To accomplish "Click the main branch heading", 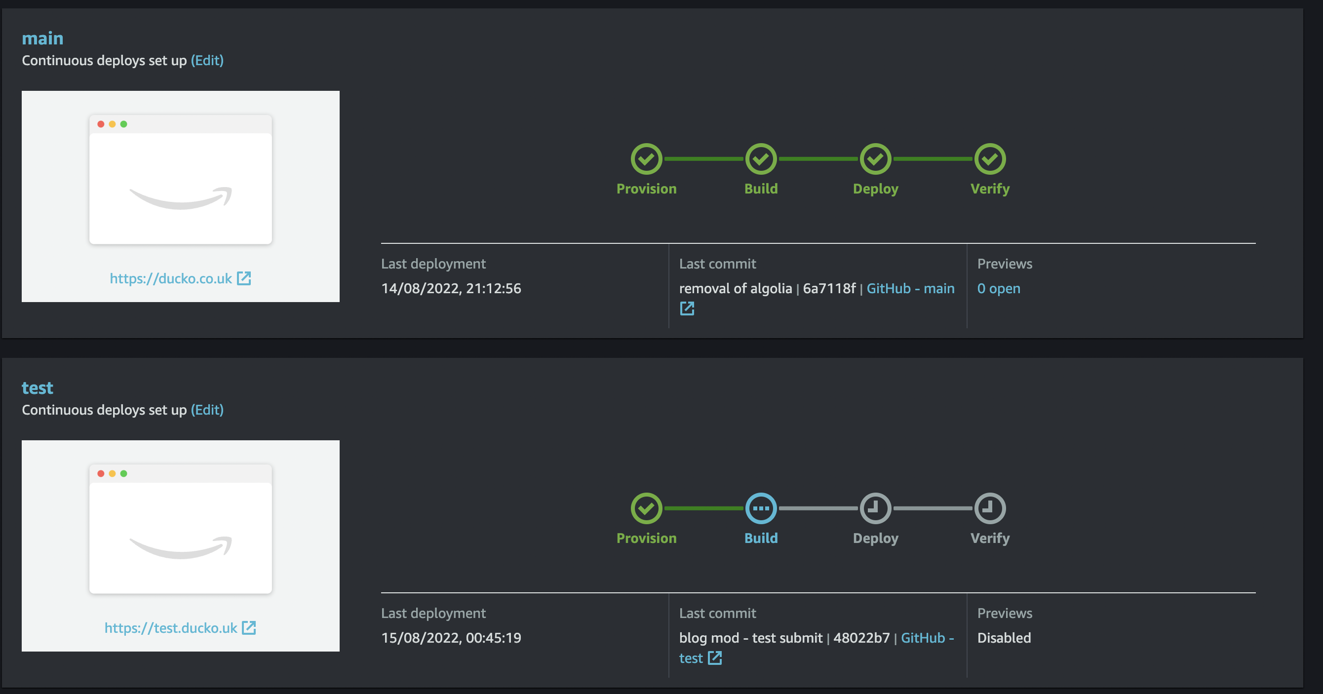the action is click(42, 39).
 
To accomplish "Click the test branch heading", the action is click(38, 388).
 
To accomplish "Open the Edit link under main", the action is click(207, 61).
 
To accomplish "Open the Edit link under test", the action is click(207, 410).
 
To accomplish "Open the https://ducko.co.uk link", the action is click(180, 278).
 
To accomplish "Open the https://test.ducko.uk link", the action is click(180, 628).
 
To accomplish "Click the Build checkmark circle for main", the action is click(761, 159).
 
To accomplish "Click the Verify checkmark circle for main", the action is click(990, 159).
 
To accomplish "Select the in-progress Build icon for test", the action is click(761, 508).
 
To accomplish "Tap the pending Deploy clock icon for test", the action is click(875, 508).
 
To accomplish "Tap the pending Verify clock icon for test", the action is click(990, 508).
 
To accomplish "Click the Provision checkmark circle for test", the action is click(646, 508).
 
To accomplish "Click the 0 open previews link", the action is click(998, 289).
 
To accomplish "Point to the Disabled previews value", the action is click(1004, 638).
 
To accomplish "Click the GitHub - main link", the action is click(910, 289).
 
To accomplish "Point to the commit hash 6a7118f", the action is click(829, 289).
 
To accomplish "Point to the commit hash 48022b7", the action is click(861, 638).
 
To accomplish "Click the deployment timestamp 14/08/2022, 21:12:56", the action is click(451, 289).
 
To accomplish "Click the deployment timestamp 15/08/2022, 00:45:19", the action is click(451, 638).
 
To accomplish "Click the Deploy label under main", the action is click(875, 189).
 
